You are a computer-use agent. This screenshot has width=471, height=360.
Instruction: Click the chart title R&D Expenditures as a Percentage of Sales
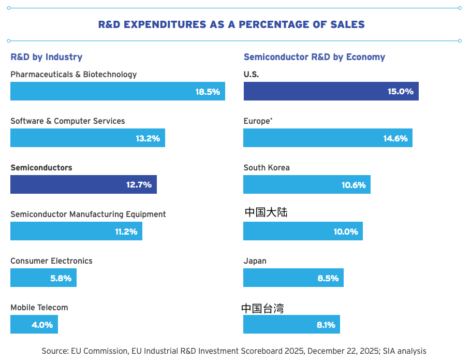click(x=231, y=24)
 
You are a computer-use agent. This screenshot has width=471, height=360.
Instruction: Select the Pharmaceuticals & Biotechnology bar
click(x=118, y=91)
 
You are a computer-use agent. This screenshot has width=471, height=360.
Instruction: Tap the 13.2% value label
click(x=148, y=138)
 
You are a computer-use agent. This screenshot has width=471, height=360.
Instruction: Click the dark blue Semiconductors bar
click(x=83, y=184)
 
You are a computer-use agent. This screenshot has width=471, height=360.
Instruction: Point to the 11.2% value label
click(x=126, y=232)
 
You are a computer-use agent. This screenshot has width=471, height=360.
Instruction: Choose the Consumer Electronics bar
click(x=43, y=278)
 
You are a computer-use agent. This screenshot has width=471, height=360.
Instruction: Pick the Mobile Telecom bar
click(x=34, y=324)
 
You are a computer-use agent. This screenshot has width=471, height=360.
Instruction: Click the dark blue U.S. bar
click(x=331, y=91)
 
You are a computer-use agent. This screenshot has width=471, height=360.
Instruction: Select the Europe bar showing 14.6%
click(x=328, y=138)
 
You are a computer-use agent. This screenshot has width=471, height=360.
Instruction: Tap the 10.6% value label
click(x=354, y=185)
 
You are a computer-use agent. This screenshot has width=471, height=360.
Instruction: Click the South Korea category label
click(x=267, y=168)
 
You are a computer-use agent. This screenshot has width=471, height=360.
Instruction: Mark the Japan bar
click(x=293, y=278)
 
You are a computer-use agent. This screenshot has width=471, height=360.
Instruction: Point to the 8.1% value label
click(x=326, y=325)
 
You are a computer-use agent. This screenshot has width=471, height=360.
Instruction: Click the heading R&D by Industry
click(x=47, y=57)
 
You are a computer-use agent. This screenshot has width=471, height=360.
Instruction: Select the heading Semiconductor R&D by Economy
click(x=314, y=57)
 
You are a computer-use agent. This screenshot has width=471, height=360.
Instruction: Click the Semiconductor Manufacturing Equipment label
click(x=88, y=214)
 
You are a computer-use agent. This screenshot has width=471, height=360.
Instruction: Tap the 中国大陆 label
click(x=266, y=212)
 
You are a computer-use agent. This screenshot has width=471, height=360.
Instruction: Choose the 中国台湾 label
click(x=262, y=308)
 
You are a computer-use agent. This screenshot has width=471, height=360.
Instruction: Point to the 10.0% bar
click(x=303, y=231)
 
